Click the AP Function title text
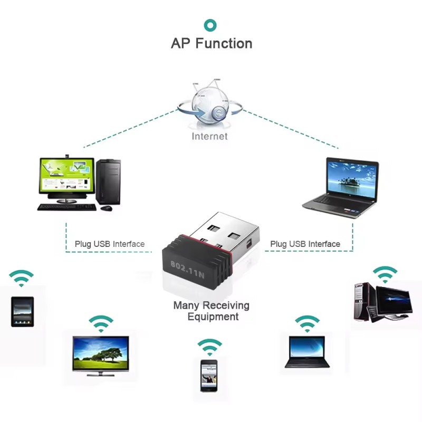click(x=212, y=43)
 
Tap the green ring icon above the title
click(x=210, y=25)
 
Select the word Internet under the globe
click(x=209, y=136)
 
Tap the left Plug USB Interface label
click(x=109, y=244)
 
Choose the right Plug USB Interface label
click(x=305, y=244)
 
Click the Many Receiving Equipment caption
click(x=212, y=311)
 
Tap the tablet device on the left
click(x=22, y=312)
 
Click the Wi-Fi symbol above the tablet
click(x=21, y=277)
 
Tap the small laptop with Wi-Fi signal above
click(x=307, y=351)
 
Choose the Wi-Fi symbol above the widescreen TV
click(x=101, y=323)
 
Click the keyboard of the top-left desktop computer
click(x=67, y=207)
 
